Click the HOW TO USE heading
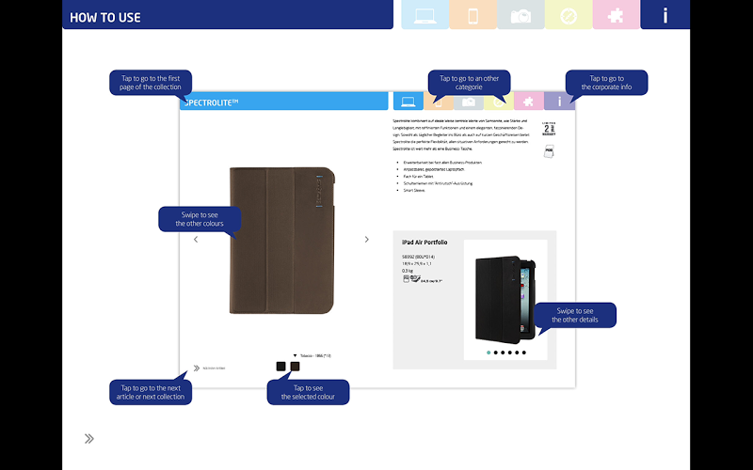[x=105, y=17]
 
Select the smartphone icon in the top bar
[x=473, y=15]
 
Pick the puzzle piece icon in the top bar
[x=617, y=15]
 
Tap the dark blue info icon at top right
[x=665, y=15]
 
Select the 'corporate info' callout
[x=606, y=83]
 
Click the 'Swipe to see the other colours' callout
[x=200, y=219]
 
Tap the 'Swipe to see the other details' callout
[x=576, y=315]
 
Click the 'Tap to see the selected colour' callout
[x=308, y=392]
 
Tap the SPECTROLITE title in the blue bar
[x=212, y=102]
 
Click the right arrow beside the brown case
[x=367, y=240]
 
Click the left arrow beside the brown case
[x=196, y=240]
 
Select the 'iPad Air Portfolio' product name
[x=425, y=243]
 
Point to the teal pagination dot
[x=489, y=352]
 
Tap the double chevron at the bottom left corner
[x=88, y=438]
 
